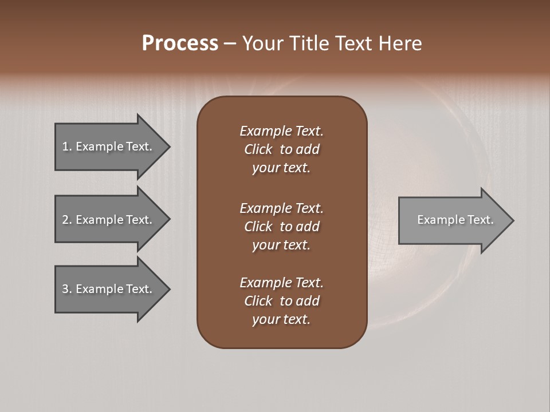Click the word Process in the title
[180, 43]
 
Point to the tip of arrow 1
[169, 146]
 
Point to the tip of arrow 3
[169, 289]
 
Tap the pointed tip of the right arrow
[513, 220]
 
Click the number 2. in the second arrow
[67, 220]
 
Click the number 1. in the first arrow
[67, 146]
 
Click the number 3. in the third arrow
[67, 289]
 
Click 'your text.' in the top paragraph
[281, 168]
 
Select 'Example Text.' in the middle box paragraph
[281, 208]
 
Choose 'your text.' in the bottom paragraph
[281, 320]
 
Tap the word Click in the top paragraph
[258, 150]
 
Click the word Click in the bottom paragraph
[258, 302]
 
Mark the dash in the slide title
[230, 43]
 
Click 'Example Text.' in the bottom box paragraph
[281, 283]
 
